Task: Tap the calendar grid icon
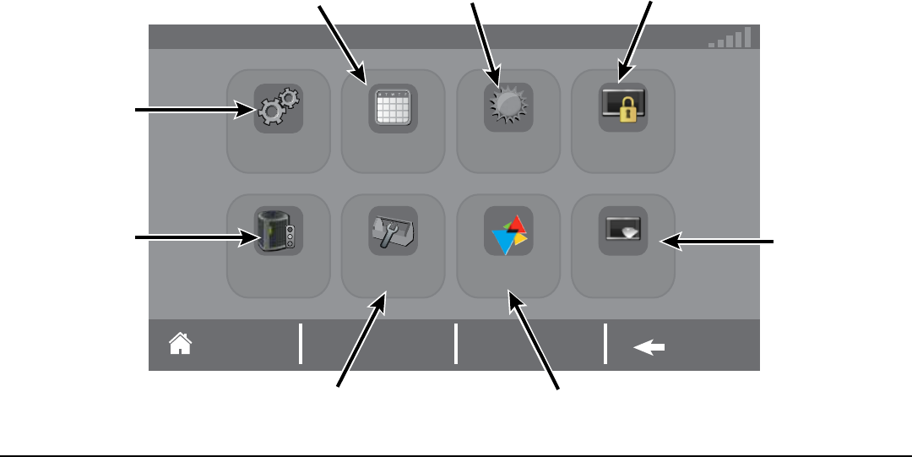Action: tap(394, 109)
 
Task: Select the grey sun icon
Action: tap(508, 108)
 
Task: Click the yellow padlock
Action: tap(626, 112)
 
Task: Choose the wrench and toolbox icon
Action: tap(394, 231)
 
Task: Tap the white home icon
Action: tap(180, 344)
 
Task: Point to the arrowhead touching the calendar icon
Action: tap(364, 79)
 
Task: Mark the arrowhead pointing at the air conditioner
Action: tap(253, 239)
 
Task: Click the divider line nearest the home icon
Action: tap(301, 345)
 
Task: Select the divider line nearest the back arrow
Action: tap(605, 345)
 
